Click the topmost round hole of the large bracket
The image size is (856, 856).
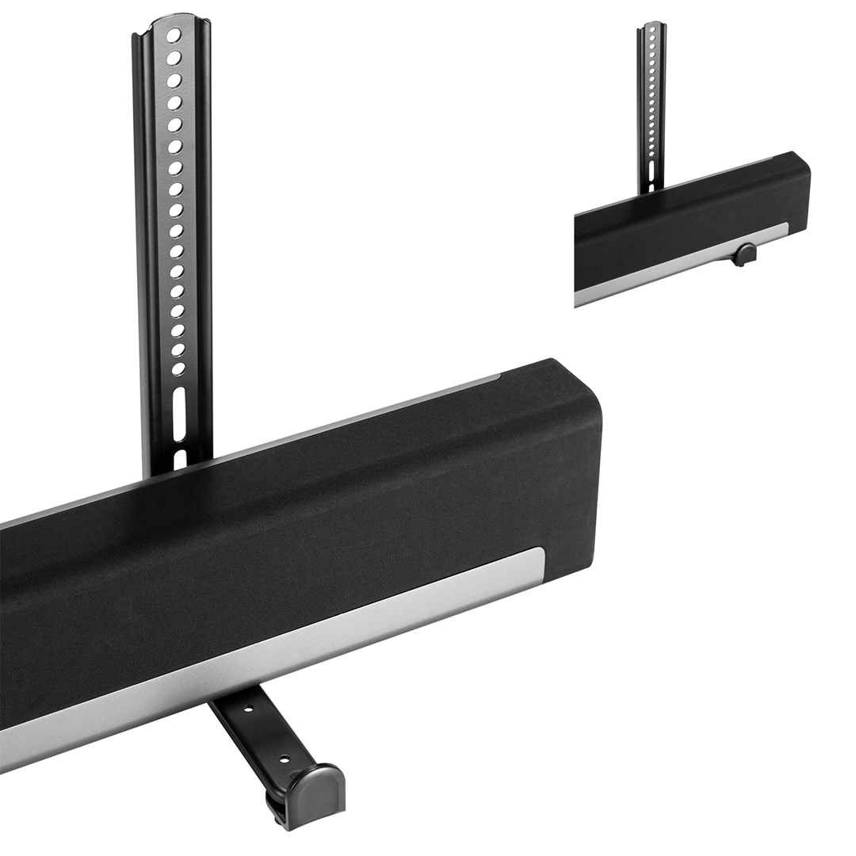click(173, 36)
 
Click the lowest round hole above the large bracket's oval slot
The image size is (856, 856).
click(178, 369)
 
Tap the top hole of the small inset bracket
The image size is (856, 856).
click(651, 30)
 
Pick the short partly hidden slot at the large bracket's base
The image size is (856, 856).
click(180, 457)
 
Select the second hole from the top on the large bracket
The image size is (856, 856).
click(173, 58)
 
